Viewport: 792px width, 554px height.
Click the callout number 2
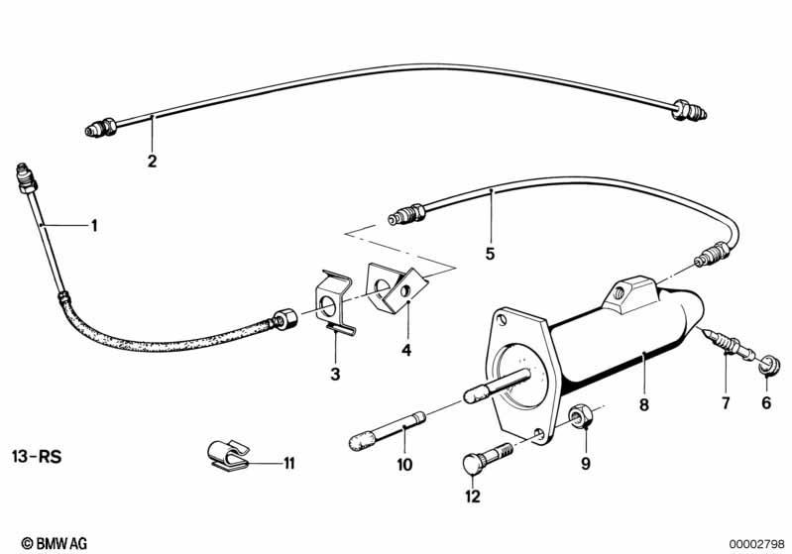pos(152,162)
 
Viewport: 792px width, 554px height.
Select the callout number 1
pos(93,225)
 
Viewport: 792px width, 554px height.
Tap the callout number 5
pos(490,254)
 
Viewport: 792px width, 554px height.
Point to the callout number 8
pos(643,404)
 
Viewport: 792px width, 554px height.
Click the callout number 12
pos(473,497)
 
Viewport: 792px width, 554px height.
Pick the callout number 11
pos(288,463)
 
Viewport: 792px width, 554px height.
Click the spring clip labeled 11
pos(228,455)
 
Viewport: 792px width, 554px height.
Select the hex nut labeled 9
pos(578,415)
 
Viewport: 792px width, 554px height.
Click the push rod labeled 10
pos(388,430)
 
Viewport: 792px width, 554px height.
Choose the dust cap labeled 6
pos(769,365)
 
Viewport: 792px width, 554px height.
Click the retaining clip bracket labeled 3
pos(332,302)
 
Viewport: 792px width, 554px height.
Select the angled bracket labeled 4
pos(396,285)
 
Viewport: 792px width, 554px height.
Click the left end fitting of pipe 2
pos(101,127)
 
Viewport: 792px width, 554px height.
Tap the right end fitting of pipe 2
pos(689,111)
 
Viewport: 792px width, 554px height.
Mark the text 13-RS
pos(37,457)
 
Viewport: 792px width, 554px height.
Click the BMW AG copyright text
pos(55,543)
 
